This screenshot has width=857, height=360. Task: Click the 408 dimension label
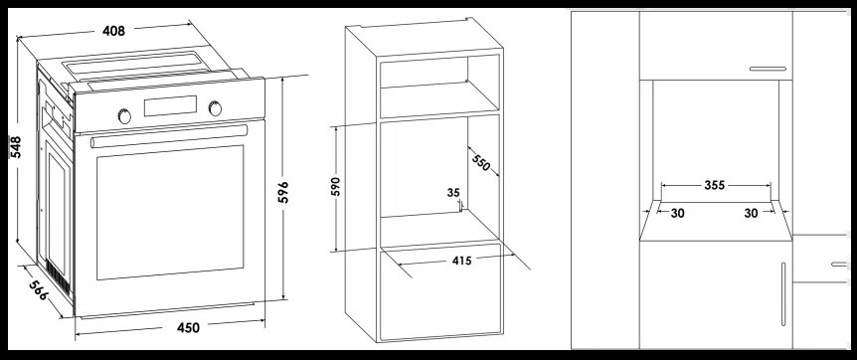tap(113, 31)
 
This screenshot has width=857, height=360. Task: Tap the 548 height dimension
tap(16, 146)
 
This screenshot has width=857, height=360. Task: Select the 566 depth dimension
tap(38, 290)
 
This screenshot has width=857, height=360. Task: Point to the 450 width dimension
tap(188, 328)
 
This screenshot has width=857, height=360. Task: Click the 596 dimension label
tap(282, 192)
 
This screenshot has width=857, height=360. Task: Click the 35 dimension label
tap(453, 193)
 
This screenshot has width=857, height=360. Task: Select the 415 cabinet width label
tap(462, 261)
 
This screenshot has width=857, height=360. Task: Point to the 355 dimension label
tap(715, 186)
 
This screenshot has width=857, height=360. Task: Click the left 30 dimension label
tap(678, 214)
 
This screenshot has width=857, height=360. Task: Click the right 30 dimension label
tap(751, 214)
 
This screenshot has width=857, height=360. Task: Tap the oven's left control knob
tap(124, 116)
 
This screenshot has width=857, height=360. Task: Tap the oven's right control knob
tap(216, 108)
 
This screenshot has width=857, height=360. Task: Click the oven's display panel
tap(170, 105)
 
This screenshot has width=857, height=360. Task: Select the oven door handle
tap(169, 135)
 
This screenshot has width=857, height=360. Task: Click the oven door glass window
tap(170, 212)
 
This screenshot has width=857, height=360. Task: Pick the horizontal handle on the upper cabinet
tap(768, 69)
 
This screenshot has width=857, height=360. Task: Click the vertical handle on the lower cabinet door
tap(783, 294)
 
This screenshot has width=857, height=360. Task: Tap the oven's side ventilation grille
tap(58, 277)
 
